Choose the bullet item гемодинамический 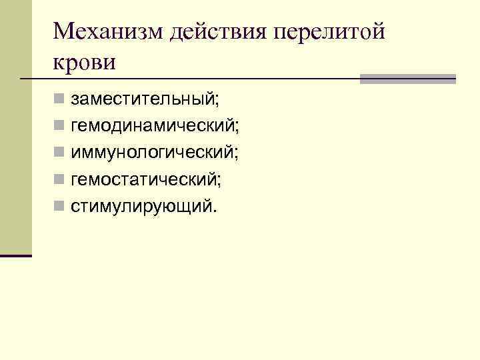(155, 126)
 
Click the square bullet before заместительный (59, 99)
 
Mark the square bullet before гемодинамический (59, 126)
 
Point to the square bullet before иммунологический (59, 153)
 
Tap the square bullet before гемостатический (59, 179)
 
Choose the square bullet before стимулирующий (59, 206)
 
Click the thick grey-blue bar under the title (407, 79)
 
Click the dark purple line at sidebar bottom (16, 255)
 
